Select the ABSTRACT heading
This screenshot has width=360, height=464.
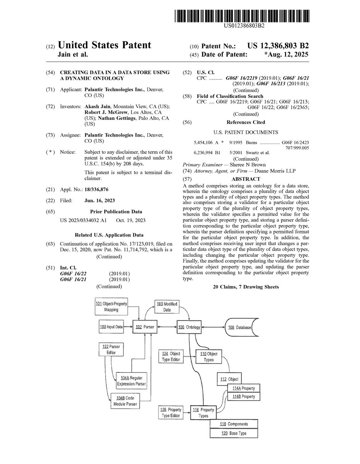click(246, 179)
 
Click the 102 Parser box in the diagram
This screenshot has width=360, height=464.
click(143, 327)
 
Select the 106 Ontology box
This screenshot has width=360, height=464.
click(189, 327)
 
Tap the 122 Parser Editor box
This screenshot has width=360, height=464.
click(106, 349)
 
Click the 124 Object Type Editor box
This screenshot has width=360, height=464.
click(171, 357)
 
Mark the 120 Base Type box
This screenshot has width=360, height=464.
click(234, 433)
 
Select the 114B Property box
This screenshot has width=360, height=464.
click(243, 397)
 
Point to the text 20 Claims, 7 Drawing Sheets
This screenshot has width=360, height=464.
click(246, 287)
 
